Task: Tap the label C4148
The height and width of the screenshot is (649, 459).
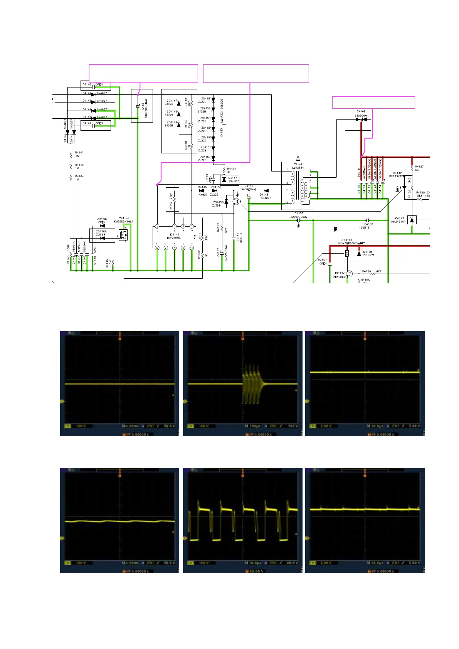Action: tap(87, 84)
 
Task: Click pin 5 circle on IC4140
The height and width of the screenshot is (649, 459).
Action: tap(157, 248)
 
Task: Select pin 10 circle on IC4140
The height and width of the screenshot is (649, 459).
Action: tap(192, 248)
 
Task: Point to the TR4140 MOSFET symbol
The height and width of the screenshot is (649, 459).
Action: tap(123, 235)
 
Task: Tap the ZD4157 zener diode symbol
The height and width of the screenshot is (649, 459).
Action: tap(213, 158)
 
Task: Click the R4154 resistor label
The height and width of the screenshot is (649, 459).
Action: tap(231, 169)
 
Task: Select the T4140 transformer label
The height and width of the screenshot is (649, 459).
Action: tap(298, 165)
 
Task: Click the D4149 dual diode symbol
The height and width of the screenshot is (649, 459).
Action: tap(361, 119)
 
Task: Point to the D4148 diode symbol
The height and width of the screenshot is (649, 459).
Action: tap(266, 190)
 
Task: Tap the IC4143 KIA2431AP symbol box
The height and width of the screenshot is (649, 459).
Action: tap(412, 220)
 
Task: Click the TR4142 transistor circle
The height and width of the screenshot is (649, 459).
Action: tap(349, 274)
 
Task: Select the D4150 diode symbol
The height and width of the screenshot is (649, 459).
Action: tap(359, 254)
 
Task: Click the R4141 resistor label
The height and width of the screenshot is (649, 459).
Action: tap(79, 153)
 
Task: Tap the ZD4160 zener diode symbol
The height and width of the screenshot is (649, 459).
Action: tap(103, 238)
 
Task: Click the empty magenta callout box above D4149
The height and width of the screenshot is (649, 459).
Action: tap(373, 103)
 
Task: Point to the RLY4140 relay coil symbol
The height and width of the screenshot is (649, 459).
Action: tap(347, 253)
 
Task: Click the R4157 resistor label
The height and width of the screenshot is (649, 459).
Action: tap(419, 166)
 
